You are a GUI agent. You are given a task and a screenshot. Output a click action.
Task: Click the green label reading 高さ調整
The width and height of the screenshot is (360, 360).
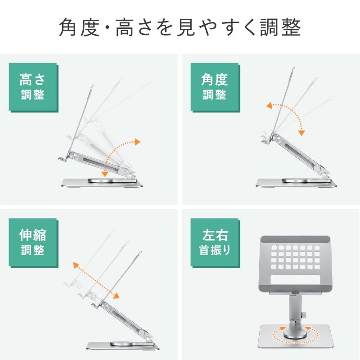pos(32,87)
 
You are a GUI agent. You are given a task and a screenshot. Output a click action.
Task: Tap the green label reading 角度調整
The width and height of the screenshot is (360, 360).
pos(214,87)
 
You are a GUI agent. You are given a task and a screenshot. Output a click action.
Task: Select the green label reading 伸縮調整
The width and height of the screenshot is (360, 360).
pos(32,243)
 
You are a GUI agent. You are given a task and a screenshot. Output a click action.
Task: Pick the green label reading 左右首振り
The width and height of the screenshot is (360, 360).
pos(214,243)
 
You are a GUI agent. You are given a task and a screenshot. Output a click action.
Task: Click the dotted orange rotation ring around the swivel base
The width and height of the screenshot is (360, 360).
pos(295,334)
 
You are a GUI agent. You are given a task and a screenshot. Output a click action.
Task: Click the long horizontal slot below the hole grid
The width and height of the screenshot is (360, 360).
pos(295,280)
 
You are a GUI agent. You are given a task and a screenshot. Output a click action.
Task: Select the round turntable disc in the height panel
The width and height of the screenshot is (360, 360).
pos(108,180)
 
